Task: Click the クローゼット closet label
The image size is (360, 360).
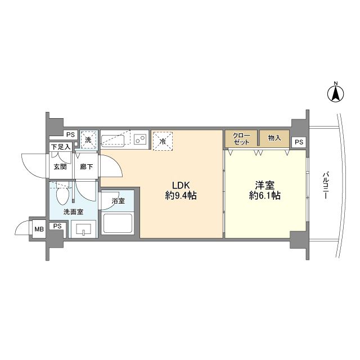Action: (241, 138)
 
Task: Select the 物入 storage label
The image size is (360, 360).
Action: (274, 138)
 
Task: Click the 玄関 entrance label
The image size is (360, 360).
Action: (60, 166)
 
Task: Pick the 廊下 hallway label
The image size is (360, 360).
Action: (86, 166)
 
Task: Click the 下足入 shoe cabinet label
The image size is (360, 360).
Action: (60, 147)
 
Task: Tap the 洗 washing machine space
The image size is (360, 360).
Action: (88, 138)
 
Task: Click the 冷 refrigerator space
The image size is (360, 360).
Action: (163, 140)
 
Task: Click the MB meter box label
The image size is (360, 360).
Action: (39, 228)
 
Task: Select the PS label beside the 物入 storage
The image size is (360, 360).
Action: (299, 142)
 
